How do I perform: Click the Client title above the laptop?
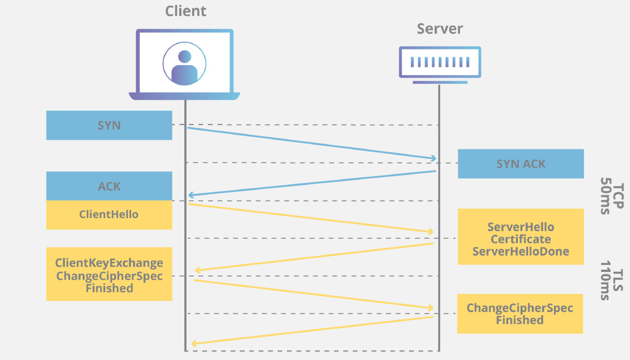[186, 11]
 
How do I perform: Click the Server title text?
[440, 29]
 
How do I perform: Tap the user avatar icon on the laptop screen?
[184, 64]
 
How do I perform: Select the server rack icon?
[440, 62]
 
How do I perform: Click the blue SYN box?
[109, 125]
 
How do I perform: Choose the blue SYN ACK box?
[521, 164]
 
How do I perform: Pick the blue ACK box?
[109, 186]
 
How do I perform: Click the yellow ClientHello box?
[109, 215]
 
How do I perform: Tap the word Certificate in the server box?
[521, 239]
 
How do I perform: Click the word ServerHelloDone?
[521, 252]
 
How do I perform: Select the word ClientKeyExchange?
[109, 263]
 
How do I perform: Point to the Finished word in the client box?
[109, 288]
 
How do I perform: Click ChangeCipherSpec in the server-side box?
[520, 308]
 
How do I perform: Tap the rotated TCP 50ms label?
[612, 196]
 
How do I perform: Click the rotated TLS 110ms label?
[612, 280]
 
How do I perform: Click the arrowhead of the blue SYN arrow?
[434, 159]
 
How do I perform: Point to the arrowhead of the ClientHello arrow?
[431, 232]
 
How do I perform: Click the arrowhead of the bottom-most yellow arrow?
[194, 344]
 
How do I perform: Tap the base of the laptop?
[184, 96]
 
